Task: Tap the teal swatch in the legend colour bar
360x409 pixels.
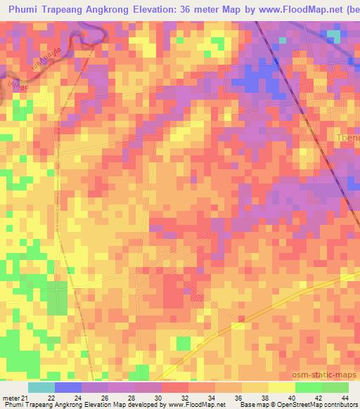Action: click(41, 387)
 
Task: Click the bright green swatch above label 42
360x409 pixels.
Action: click(308, 387)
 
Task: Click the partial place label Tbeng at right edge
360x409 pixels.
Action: click(348, 138)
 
